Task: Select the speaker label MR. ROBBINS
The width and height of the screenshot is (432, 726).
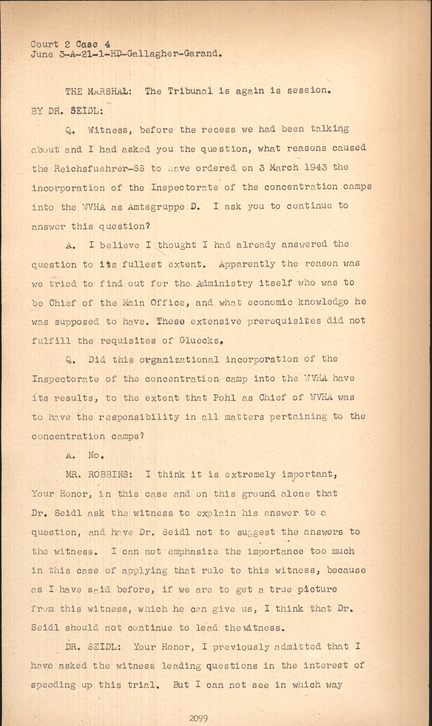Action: (x=98, y=475)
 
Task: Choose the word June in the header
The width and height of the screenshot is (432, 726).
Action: (x=42, y=54)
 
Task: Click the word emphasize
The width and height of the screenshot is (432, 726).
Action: (x=193, y=551)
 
